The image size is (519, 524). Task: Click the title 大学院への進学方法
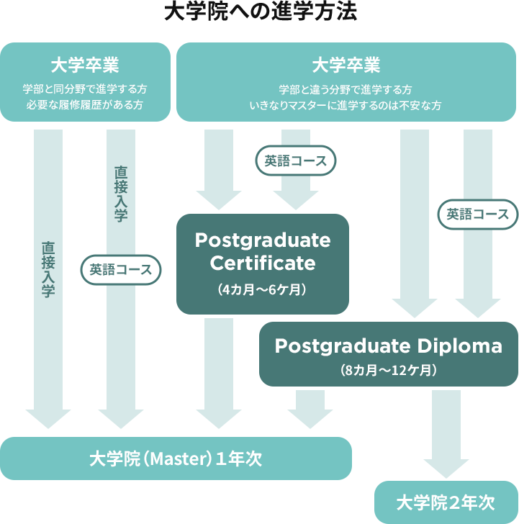260,12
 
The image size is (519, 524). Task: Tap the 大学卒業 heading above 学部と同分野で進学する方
85,65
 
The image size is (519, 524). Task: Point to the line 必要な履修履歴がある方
85,105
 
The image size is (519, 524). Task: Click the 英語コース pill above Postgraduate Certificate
295,161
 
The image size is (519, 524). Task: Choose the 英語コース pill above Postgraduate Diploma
477,214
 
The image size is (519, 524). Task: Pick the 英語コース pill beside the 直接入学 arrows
120,270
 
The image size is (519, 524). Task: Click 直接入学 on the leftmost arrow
48,269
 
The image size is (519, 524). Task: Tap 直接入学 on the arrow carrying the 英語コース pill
121,194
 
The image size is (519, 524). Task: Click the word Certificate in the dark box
263,263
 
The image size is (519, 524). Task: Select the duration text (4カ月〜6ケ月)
263,290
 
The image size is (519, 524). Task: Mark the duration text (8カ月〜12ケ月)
388,371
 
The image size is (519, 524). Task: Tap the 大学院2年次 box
446,502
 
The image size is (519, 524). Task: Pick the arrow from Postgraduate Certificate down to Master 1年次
219,371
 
